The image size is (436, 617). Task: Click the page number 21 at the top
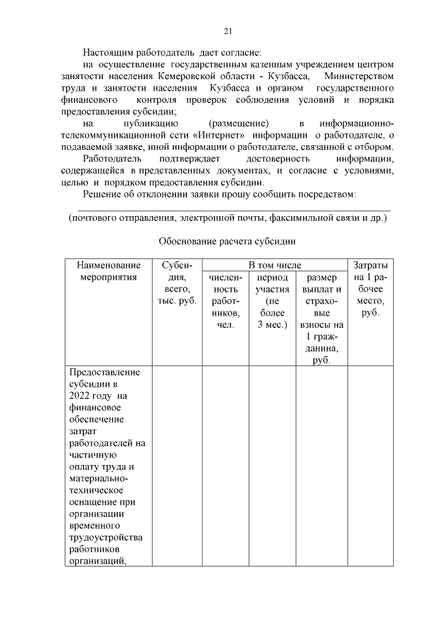pyautogui.click(x=228, y=31)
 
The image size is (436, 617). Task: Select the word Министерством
pyautogui.click(x=359, y=76)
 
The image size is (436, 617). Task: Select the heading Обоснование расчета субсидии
pyautogui.click(x=228, y=241)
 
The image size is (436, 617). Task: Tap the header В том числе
pyautogui.click(x=274, y=265)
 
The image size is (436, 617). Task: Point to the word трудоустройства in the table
pyautogui.click(x=106, y=538)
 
